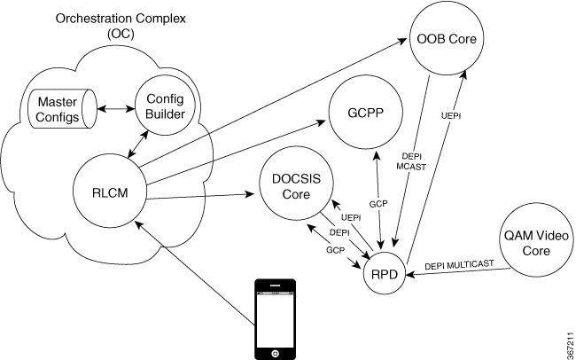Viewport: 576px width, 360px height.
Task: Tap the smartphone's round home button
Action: tap(277, 352)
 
